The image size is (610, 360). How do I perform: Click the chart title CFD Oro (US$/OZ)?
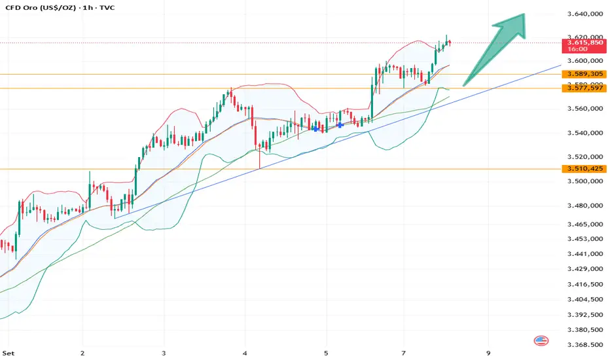click(39, 7)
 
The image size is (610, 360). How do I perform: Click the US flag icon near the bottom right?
click(541, 341)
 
